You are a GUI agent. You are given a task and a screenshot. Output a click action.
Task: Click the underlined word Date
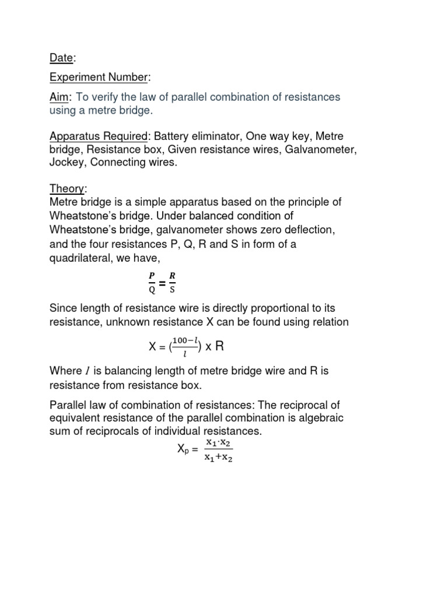pos(60,58)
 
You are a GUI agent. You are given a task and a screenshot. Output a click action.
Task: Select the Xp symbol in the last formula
pos(181,449)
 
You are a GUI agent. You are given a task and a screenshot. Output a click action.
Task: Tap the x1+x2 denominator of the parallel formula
pos(218,458)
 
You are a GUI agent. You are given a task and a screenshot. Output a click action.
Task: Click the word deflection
pos(307,229)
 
